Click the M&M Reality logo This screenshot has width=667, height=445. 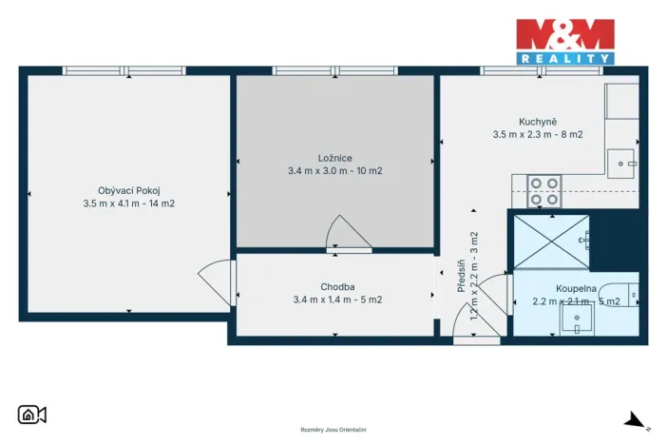pos(564,41)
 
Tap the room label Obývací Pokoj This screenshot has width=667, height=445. pos(129,189)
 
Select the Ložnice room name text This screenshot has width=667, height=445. pos(334,158)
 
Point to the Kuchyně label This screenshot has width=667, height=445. pos(537,121)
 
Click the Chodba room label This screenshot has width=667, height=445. pos(337,286)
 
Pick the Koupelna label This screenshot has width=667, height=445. pos(576,287)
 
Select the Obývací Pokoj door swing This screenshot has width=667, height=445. pos(214,282)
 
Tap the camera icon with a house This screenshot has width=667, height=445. pos(32,415)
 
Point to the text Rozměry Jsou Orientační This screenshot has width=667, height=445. pos(333,430)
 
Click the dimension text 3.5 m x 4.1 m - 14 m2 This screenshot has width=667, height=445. pos(129,203)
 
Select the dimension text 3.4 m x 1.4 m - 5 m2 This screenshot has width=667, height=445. pos(337,300)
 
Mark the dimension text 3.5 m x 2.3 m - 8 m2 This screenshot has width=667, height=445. pos(537,134)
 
